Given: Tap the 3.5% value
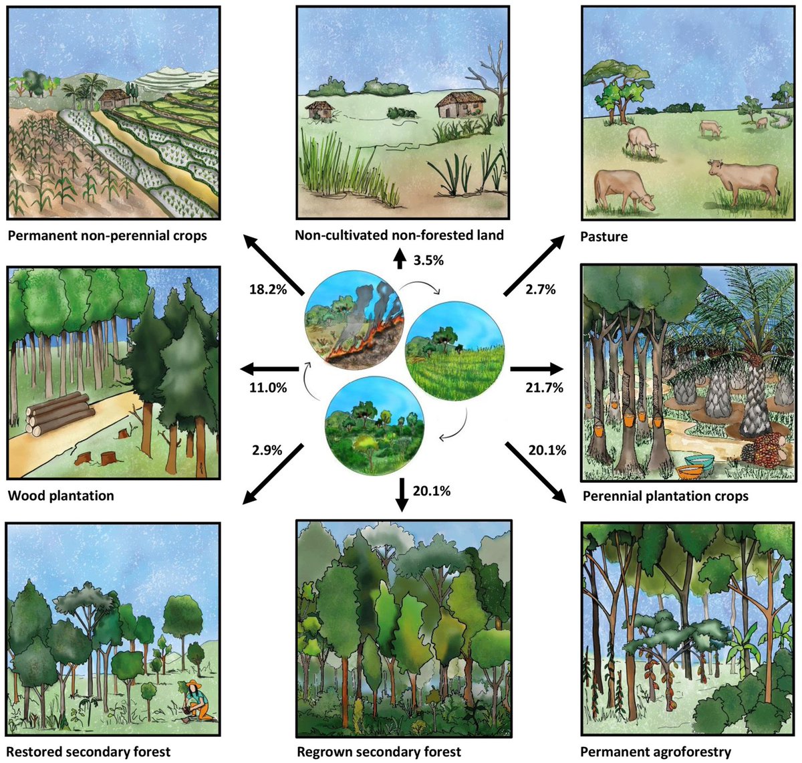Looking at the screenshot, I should click(428, 260).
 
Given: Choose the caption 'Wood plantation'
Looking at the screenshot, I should click(61, 496).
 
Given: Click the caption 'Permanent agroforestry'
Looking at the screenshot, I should click(655, 752).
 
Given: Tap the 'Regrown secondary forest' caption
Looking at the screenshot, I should click(379, 752).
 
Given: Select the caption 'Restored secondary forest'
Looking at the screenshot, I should click(88, 752).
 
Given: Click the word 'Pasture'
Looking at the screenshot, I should click(605, 237).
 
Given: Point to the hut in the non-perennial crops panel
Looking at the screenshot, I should click(115, 99).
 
